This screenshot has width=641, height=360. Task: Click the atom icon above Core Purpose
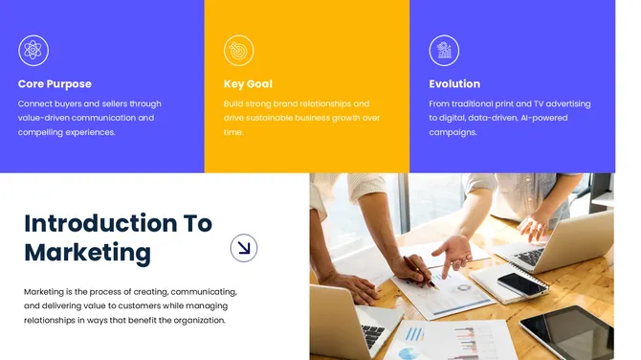33,50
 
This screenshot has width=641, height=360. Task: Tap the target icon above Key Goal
238,50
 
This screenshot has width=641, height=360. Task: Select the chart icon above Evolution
444,50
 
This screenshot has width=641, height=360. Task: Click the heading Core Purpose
55,84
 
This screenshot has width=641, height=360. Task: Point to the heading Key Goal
248,84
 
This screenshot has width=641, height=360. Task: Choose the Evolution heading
454,84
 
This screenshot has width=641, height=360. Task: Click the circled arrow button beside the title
244,249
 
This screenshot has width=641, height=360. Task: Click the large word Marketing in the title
87,253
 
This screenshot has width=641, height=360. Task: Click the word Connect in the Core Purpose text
35,103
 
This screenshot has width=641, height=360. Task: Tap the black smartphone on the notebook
523,283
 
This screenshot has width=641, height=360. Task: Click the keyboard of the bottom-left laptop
374,335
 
